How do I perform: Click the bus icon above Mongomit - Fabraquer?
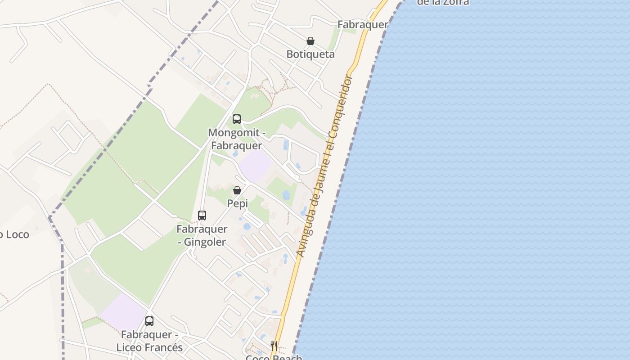point(236,119)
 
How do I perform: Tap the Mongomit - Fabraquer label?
point(235,139)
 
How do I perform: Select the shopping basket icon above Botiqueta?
point(310,41)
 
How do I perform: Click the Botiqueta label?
point(310,54)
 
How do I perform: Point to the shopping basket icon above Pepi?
point(237,190)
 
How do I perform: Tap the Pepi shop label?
point(237,203)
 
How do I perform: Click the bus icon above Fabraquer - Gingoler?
point(202,216)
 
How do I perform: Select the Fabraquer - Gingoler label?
point(202,235)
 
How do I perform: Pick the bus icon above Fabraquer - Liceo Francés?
point(149,321)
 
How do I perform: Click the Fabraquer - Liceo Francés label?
point(149,341)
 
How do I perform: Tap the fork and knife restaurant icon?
point(274,345)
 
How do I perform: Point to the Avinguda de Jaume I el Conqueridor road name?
point(324,166)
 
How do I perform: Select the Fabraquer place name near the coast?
point(363,25)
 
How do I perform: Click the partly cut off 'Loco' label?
point(14,234)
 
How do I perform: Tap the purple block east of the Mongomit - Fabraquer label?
point(255,166)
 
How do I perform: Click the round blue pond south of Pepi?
point(247,226)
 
